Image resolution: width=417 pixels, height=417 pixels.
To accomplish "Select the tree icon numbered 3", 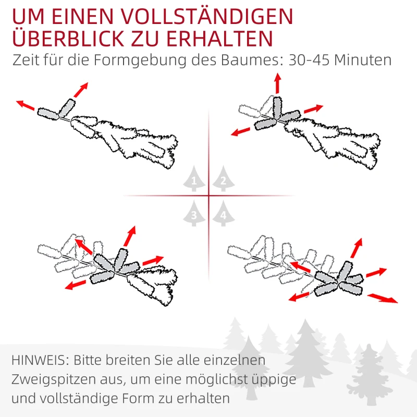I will (194, 214).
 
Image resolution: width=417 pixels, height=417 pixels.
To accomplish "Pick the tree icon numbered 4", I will (223, 214).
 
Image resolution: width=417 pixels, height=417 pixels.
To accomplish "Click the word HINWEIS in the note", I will (39, 360).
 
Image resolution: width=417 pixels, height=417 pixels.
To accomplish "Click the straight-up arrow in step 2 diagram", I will (277, 83).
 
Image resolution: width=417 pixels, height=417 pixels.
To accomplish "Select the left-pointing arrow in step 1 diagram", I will (26, 105).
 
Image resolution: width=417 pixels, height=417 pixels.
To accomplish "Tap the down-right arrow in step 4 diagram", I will (383, 298).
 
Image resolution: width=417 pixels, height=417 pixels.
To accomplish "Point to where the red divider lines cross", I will (208, 196).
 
